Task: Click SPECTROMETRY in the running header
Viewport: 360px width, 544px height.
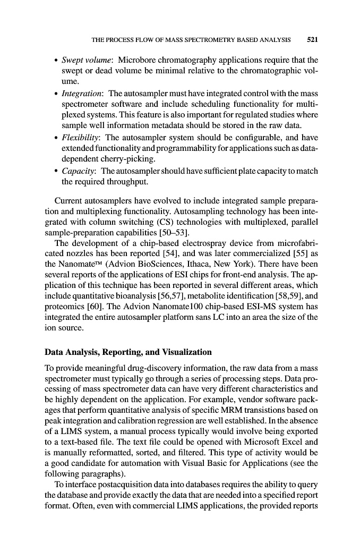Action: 201,39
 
